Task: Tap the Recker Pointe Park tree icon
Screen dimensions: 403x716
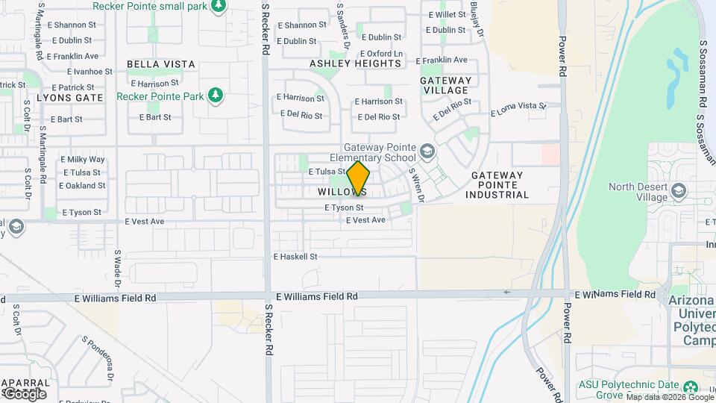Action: [x=216, y=96]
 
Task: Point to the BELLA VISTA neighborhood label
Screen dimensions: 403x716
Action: [x=161, y=64]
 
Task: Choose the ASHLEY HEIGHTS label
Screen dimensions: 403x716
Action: [x=356, y=63]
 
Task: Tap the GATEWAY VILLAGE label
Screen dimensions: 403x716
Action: [x=446, y=85]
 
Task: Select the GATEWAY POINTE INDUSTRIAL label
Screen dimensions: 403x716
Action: [x=497, y=185]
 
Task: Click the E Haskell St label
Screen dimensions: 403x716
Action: [x=295, y=257]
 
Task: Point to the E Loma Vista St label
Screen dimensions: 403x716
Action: [x=518, y=110]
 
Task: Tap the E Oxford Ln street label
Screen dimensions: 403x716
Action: [x=381, y=54]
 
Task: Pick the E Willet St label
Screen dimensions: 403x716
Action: [x=445, y=15]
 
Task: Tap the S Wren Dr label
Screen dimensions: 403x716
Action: [x=416, y=184]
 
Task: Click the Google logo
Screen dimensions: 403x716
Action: [x=24, y=393]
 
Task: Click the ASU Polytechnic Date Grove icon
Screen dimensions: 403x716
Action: [x=691, y=387]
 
